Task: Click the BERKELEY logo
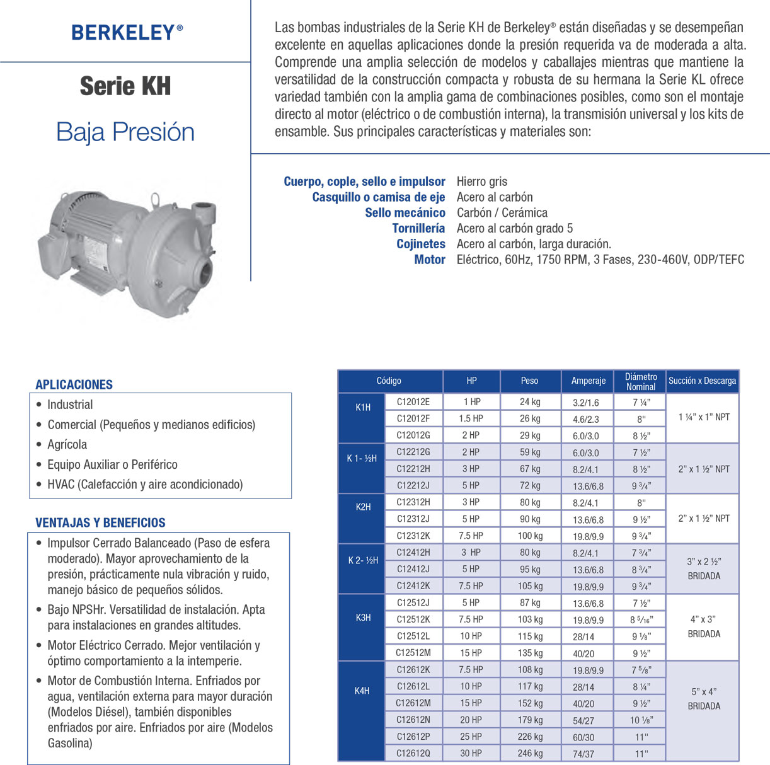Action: tap(127, 32)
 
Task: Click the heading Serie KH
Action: tap(125, 86)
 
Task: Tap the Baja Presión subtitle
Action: tap(125, 132)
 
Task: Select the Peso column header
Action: tap(529, 381)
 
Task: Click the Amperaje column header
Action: tap(588, 381)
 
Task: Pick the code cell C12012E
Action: tap(413, 401)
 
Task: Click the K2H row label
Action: tap(363, 507)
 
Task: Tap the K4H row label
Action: tap(362, 691)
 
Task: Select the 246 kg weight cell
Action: tap(530, 753)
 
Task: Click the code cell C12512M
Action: tap(413, 653)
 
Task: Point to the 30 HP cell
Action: tap(471, 753)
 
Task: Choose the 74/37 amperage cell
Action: tap(583, 754)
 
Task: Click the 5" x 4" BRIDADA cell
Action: tap(703, 699)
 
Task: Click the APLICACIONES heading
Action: tap(74, 384)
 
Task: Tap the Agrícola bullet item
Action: tap(67, 444)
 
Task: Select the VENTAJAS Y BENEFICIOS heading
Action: tap(100, 522)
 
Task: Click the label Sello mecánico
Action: tap(405, 213)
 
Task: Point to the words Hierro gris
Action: tap(481, 181)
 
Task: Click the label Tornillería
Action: tap(418, 228)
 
